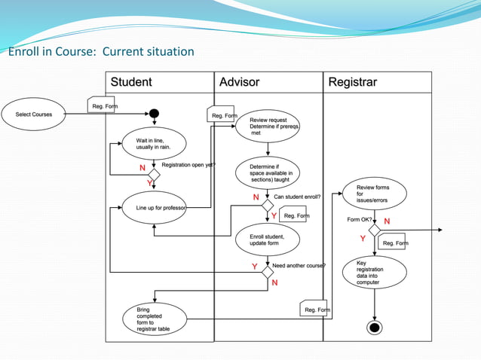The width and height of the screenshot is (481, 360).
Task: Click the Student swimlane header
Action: [131, 82]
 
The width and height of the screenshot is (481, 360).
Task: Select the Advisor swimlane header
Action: [239, 82]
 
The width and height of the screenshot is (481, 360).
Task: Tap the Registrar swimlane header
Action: [352, 82]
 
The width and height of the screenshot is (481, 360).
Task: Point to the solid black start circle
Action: [154, 114]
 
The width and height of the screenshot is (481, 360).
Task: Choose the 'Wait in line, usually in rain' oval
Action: [154, 144]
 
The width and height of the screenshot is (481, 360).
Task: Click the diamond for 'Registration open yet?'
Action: [154, 174]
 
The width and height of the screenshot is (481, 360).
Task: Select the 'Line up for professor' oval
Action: [154, 208]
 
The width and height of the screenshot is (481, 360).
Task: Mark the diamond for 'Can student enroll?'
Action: [267, 204]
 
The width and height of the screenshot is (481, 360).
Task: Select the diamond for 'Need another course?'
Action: [267, 272]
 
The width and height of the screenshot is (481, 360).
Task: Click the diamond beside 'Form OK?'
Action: [375, 230]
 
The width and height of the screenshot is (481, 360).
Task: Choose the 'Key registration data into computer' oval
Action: [375, 272]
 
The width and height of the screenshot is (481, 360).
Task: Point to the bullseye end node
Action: [375, 328]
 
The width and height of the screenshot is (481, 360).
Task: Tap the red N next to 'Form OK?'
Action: [387, 221]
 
